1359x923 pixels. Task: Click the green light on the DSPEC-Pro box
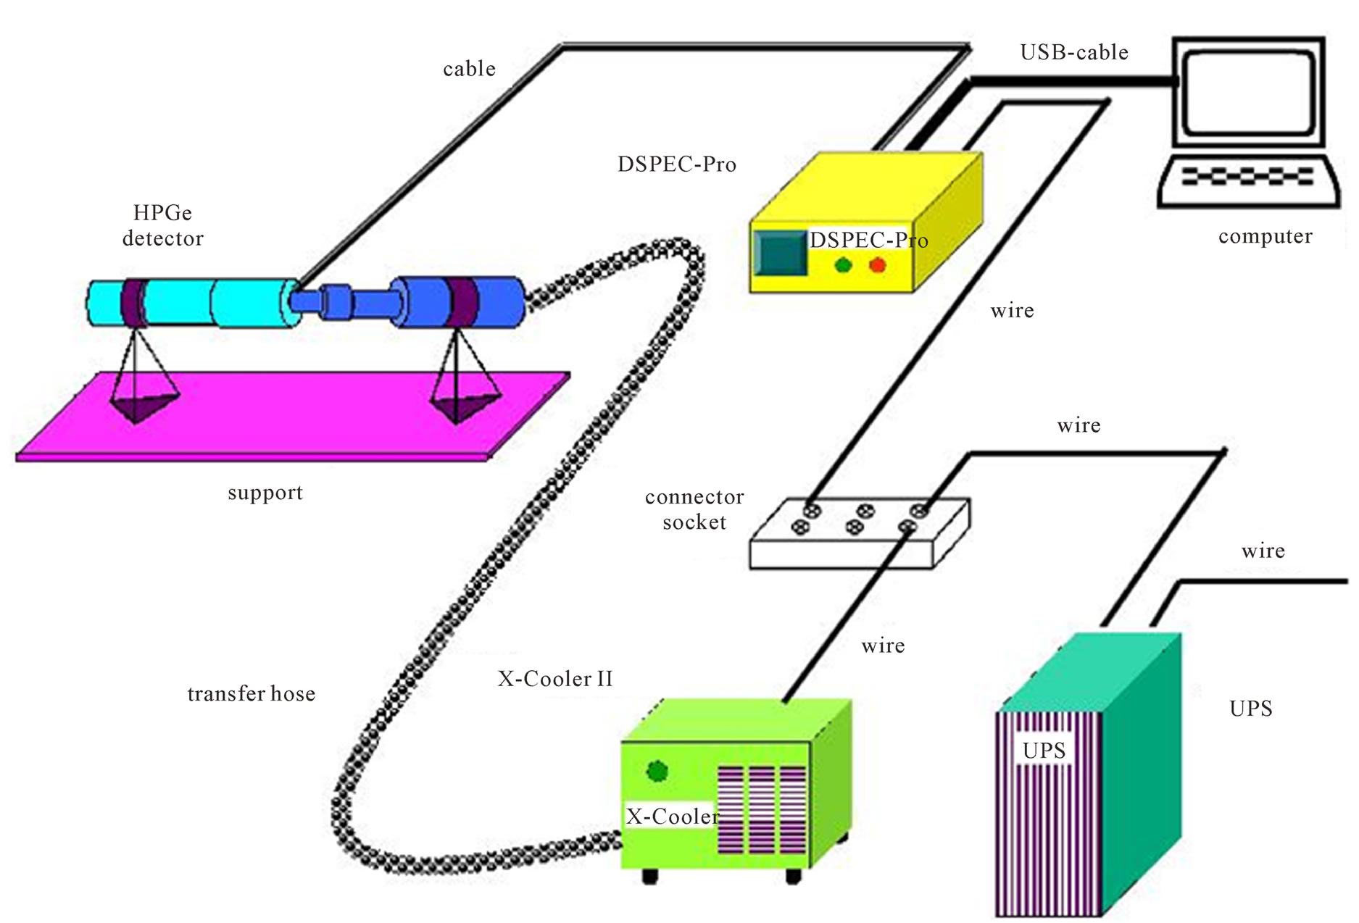[x=843, y=265]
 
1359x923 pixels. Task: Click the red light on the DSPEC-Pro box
[x=878, y=265]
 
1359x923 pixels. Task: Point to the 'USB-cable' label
[x=1073, y=53]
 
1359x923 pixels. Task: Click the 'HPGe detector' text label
[x=163, y=225]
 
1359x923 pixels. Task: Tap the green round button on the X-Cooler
[x=657, y=771]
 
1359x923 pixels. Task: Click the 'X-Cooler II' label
[x=555, y=679]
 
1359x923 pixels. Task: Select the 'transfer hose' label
[x=251, y=694]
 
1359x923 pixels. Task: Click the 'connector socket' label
[x=694, y=509]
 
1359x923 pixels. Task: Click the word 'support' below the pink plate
[x=265, y=493]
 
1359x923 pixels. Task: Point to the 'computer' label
[x=1265, y=237]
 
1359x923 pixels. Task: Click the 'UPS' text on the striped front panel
[x=1044, y=751]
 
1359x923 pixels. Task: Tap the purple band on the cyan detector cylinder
[x=133, y=304]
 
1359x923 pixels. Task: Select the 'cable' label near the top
[x=469, y=70]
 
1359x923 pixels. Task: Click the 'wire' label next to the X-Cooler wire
[x=883, y=646]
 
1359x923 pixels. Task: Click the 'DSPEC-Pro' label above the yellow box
[x=676, y=164]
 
